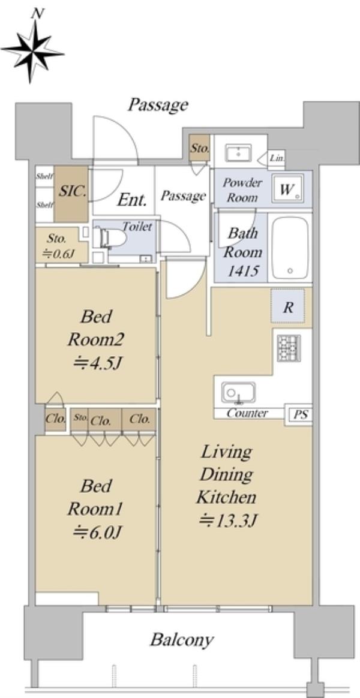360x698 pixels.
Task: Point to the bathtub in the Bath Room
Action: (290, 246)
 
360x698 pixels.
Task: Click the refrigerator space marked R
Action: (288, 306)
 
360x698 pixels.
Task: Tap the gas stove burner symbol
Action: (289, 348)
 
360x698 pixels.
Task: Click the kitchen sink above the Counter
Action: (238, 393)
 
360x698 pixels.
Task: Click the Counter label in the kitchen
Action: (247, 413)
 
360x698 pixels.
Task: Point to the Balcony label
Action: (181, 640)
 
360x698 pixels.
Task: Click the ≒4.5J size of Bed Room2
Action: (98, 364)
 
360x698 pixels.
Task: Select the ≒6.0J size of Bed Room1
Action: (98, 531)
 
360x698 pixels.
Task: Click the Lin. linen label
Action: (277, 158)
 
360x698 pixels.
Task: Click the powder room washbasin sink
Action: (238, 153)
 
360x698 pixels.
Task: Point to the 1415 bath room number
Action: (243, 271)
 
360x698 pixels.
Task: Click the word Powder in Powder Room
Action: (242, 182)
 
